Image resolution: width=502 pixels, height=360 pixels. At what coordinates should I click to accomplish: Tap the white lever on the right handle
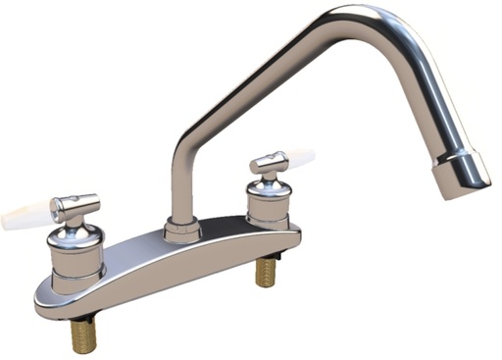tap(298, 158)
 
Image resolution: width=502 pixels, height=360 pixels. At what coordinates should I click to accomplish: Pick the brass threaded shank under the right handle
tap(266, 272)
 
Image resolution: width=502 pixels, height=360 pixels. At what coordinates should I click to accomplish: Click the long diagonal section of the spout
tap(265, 79)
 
